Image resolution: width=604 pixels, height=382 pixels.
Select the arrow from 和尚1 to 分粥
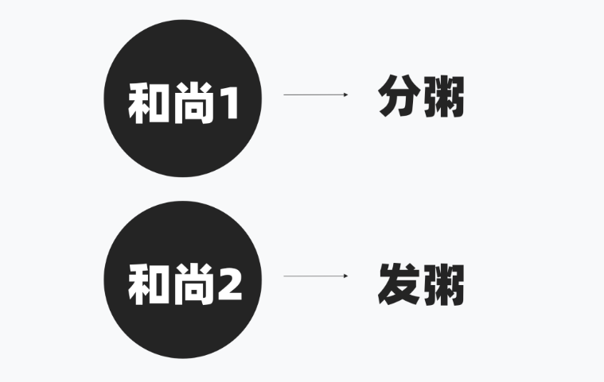(x=315, y=95)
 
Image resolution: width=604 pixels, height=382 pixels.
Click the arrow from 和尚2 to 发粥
(x=315, y=276)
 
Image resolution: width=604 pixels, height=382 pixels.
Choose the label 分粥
(x=421, y=98)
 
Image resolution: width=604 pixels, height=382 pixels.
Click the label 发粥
(x=421, y=284)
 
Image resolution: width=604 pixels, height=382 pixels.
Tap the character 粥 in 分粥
(x=443, y=98)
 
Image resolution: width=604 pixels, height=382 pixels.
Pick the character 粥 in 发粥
(x=443, y=284)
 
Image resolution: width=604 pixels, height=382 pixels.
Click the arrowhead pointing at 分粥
(x=345, y=95)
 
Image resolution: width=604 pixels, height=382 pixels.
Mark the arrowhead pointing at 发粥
(x=345, y=276)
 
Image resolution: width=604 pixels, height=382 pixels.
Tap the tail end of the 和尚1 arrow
(x=286, y=95)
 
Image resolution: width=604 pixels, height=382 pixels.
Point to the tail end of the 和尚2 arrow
(x=286, y=276)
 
